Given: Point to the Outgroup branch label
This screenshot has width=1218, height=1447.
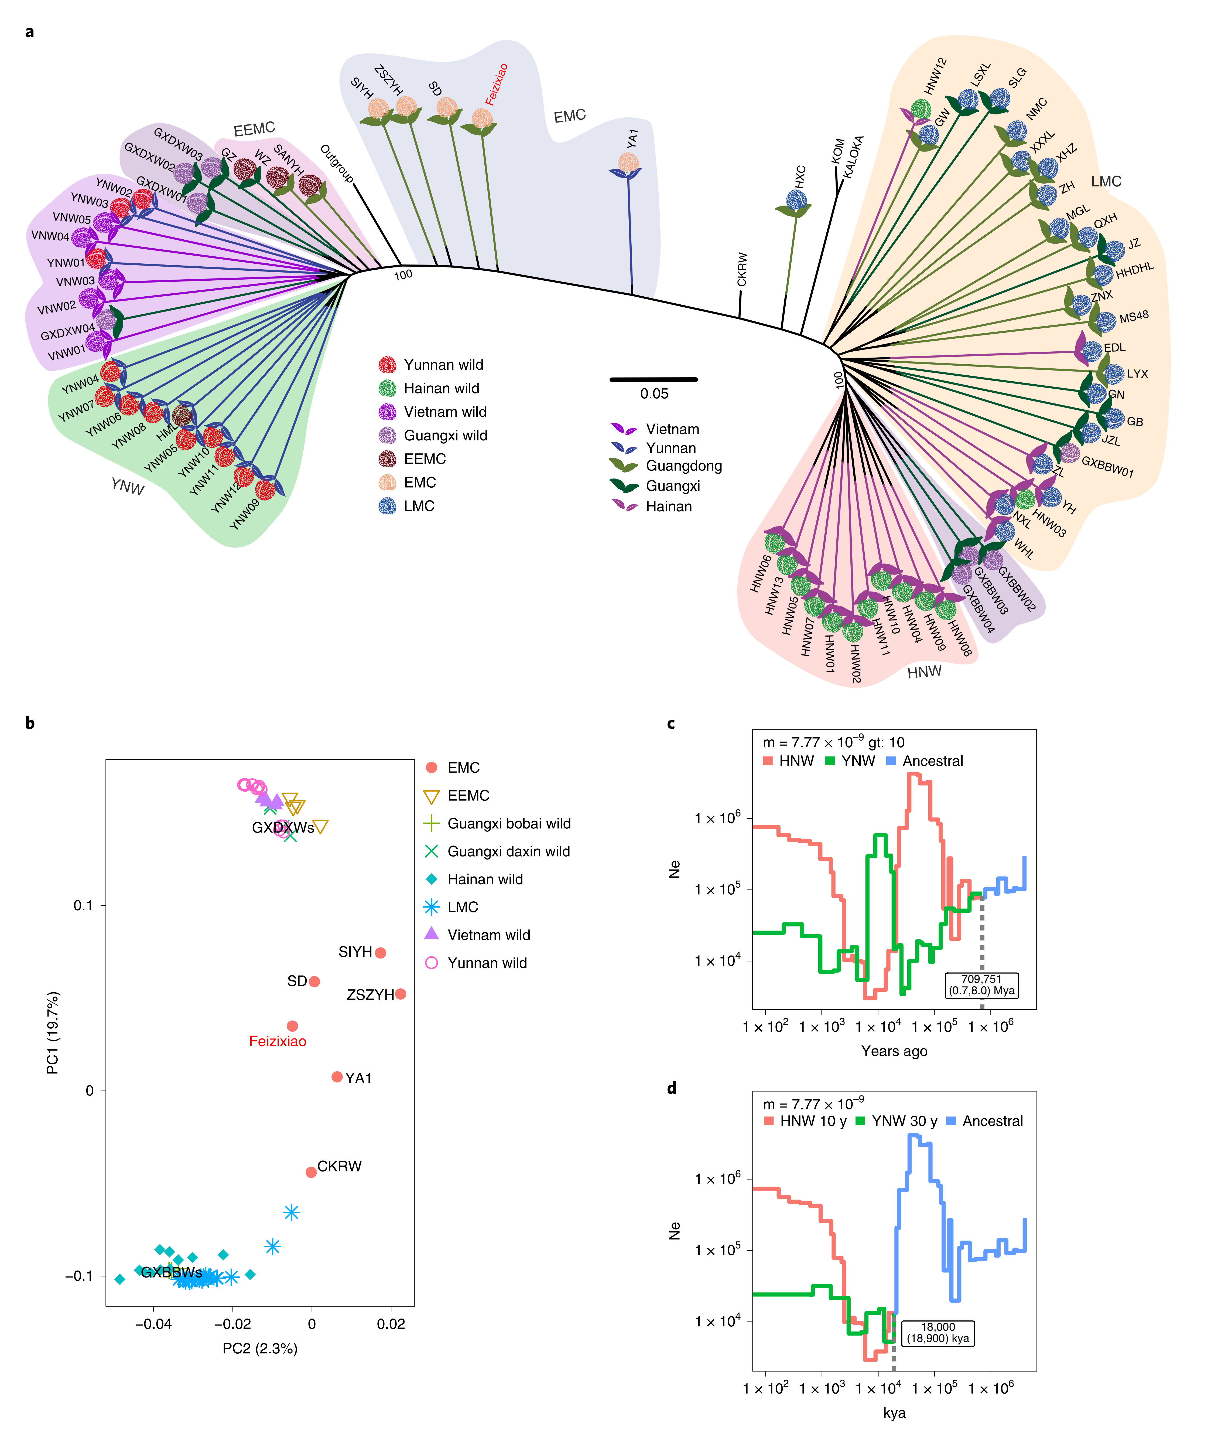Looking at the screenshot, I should point(337,164).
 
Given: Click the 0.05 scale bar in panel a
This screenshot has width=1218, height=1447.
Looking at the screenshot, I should point(653,379).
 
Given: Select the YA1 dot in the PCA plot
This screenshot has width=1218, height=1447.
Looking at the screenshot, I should point(337,1077).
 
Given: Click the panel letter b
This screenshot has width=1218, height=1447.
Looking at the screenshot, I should point(30,723).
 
